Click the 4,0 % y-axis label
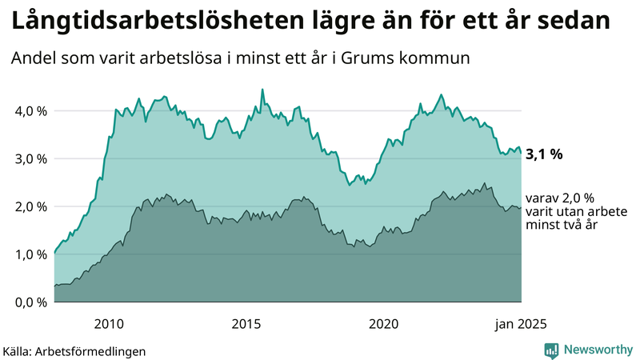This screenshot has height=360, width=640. point(30,110)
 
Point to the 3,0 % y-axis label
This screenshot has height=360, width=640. point(30,158)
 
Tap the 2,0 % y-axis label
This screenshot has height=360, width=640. point(30,206)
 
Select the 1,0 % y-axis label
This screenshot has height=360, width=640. point(30,254)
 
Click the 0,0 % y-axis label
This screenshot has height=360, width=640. point(30,302)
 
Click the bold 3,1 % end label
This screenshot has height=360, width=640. point(544,154)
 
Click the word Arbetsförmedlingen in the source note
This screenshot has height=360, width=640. point(95,350)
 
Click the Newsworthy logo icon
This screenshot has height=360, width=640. point(551,350)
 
